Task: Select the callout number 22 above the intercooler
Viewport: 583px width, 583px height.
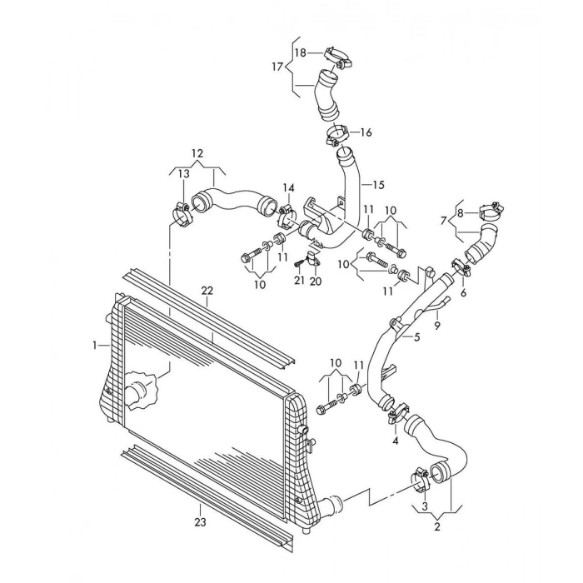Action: (x=207, y=290)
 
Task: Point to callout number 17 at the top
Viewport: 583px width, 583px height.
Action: (x=277, y=66)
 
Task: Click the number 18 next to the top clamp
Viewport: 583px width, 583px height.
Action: (x=301, y=52)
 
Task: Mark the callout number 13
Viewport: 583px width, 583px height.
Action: (x=182, y=174)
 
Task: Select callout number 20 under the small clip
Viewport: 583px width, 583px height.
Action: (x=315, y=281)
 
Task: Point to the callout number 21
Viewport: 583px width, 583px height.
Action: (x=297, y=281)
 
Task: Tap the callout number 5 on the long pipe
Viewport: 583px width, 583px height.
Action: (x=416, y=337)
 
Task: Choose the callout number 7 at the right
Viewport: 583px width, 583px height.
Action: (x=443, y=220)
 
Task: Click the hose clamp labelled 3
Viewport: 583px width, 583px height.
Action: (x=420, y=478)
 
